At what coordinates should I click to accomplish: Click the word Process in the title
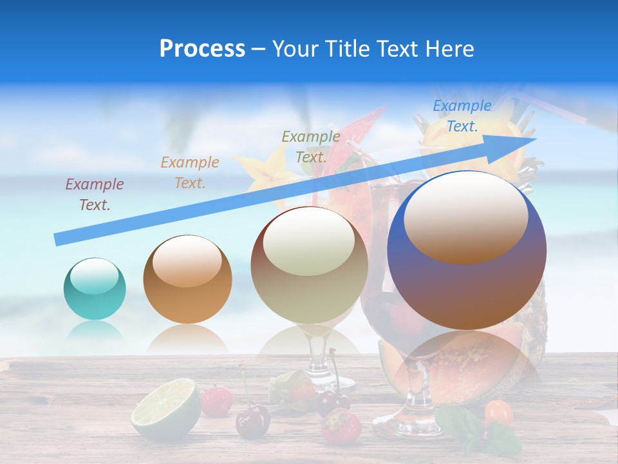pos(202,49)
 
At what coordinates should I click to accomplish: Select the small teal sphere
pos(95,289)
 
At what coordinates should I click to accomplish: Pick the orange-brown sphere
pos(187,279)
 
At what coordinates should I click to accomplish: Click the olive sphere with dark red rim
pos(310,265)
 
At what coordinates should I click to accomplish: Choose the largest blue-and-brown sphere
pos(467,251)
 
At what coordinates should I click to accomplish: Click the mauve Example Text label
pos(95,195)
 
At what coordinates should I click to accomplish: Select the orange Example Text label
pos(190,173)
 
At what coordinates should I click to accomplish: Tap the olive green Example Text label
pos(311,146)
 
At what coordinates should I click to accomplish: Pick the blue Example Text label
pos(462,116)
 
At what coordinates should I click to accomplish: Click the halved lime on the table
pos(165,410)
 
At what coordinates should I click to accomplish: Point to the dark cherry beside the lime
pos(252,423)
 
